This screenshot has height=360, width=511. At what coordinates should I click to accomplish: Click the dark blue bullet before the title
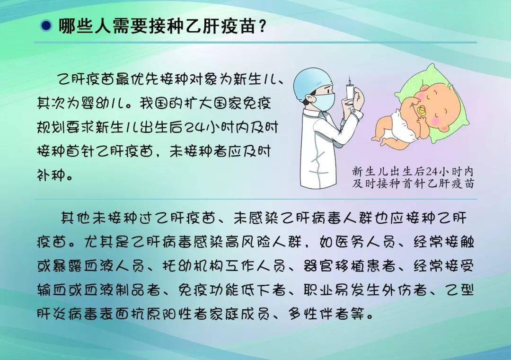point(46,26)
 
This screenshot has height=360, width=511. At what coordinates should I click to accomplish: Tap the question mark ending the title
point(261,26)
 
